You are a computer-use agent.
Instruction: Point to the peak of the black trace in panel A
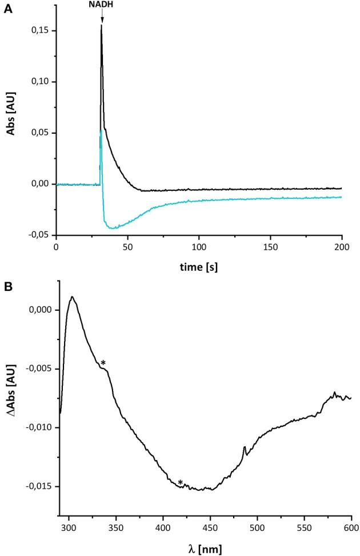[102, 26]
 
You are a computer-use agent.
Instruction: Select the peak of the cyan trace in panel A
[102, 130]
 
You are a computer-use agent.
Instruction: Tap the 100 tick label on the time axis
[199, 248]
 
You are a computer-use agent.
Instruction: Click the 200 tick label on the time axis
[342, 248]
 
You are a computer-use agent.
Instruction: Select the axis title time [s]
[198, 266]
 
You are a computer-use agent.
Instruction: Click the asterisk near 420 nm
[181, 483]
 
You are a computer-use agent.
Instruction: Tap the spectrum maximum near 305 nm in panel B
[73, 297]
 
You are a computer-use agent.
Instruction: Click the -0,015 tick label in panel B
[38, 486]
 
